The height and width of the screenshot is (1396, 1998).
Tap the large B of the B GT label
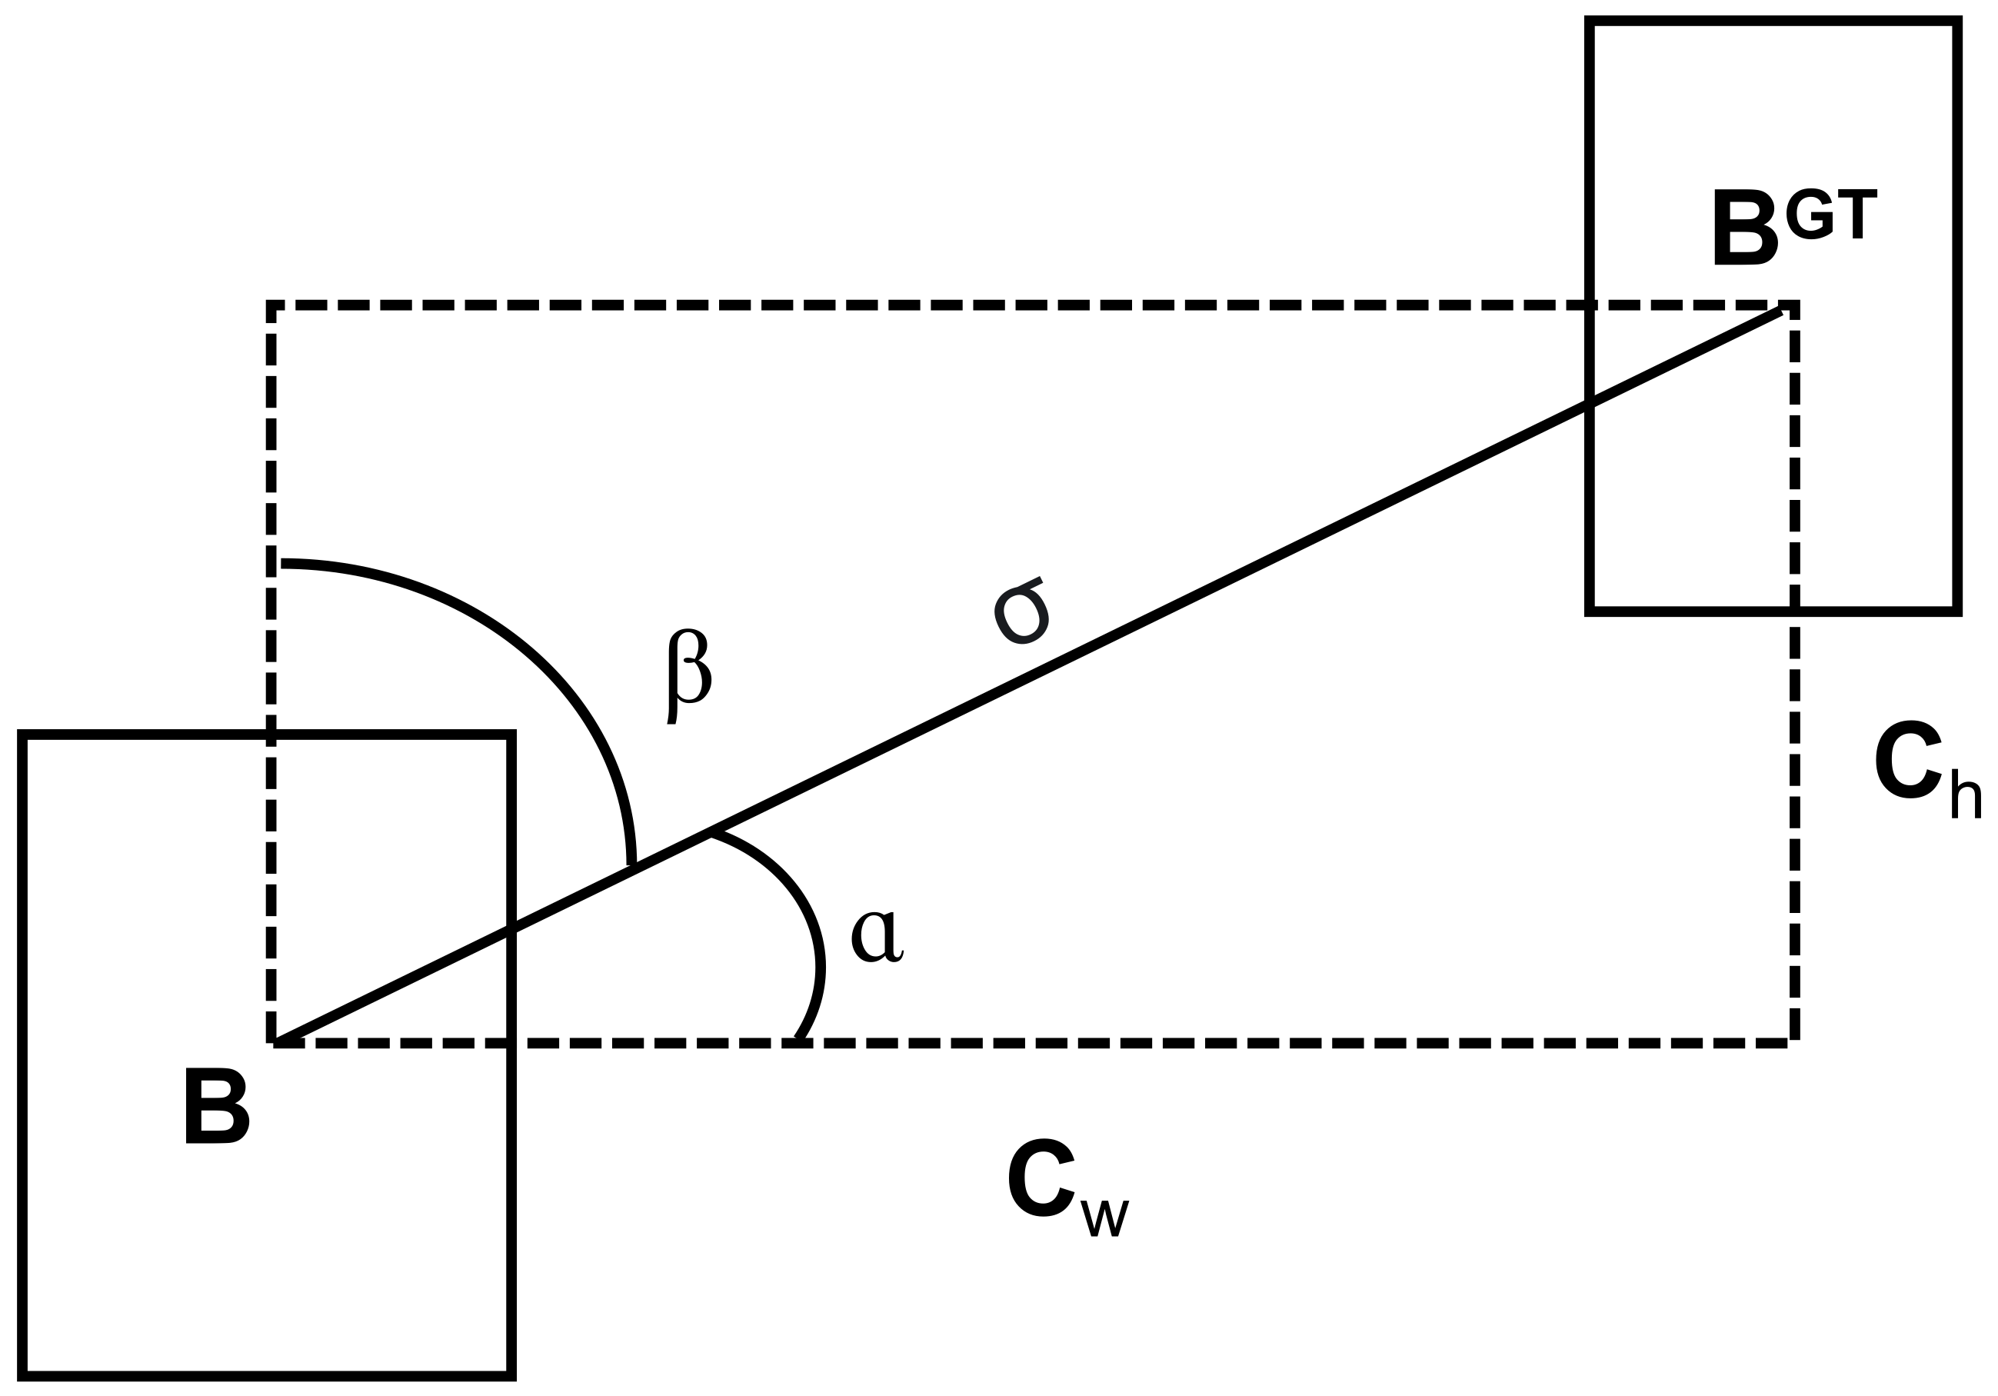[x=1745, y=227]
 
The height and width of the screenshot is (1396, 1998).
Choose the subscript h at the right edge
[x=1966, y=794]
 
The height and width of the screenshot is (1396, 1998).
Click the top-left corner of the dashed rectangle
[x=271, y=305]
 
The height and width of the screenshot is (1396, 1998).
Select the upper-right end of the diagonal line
[x=1780, y=312]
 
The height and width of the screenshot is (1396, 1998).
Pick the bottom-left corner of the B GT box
[x=1590, y=611]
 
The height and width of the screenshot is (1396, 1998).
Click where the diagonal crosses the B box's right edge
[x=511, y=927]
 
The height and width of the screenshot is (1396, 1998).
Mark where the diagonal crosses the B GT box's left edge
[x=1590, y=404]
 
